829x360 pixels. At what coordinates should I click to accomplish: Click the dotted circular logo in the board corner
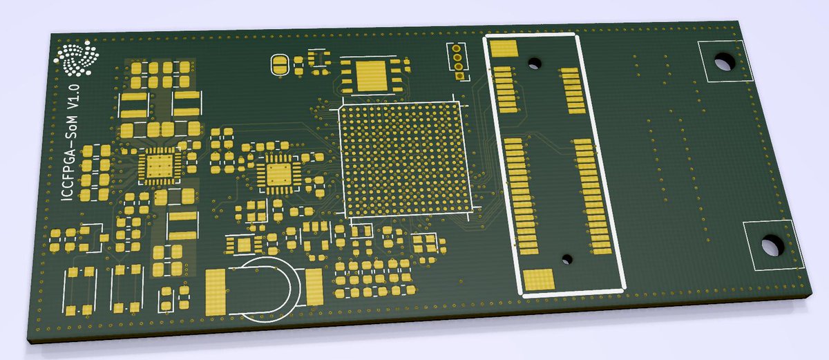(76, 59)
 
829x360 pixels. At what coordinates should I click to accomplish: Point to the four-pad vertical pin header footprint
(456, 61)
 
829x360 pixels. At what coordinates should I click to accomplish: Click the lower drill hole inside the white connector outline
(566, 259)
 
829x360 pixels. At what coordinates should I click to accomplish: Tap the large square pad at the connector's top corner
(504, 48)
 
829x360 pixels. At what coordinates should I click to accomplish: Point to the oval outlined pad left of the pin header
(280, 65)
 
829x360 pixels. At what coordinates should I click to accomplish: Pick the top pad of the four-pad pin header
(455, 48)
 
